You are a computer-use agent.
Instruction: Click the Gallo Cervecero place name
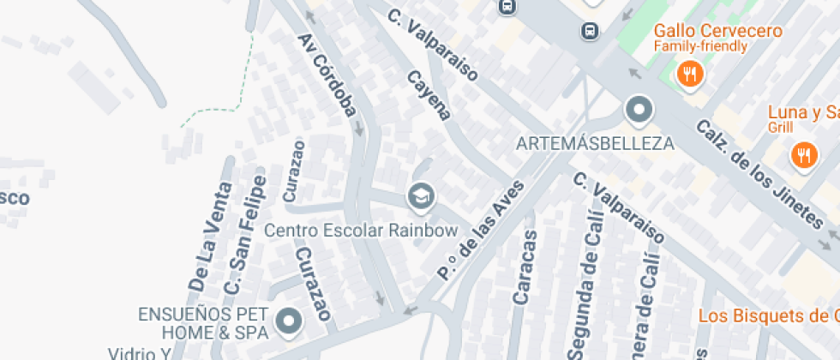click(717, 31)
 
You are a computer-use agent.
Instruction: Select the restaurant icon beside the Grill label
click(803, 155)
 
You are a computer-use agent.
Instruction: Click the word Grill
click(780, 128)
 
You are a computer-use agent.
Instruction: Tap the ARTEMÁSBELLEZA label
click(595, 143)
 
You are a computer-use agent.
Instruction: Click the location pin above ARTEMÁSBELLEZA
click(639, 111)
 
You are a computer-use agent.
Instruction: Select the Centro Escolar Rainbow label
click(361, 231)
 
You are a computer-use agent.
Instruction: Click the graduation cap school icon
click(421, 198)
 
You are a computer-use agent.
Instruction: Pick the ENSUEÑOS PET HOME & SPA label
click(204, 322)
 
